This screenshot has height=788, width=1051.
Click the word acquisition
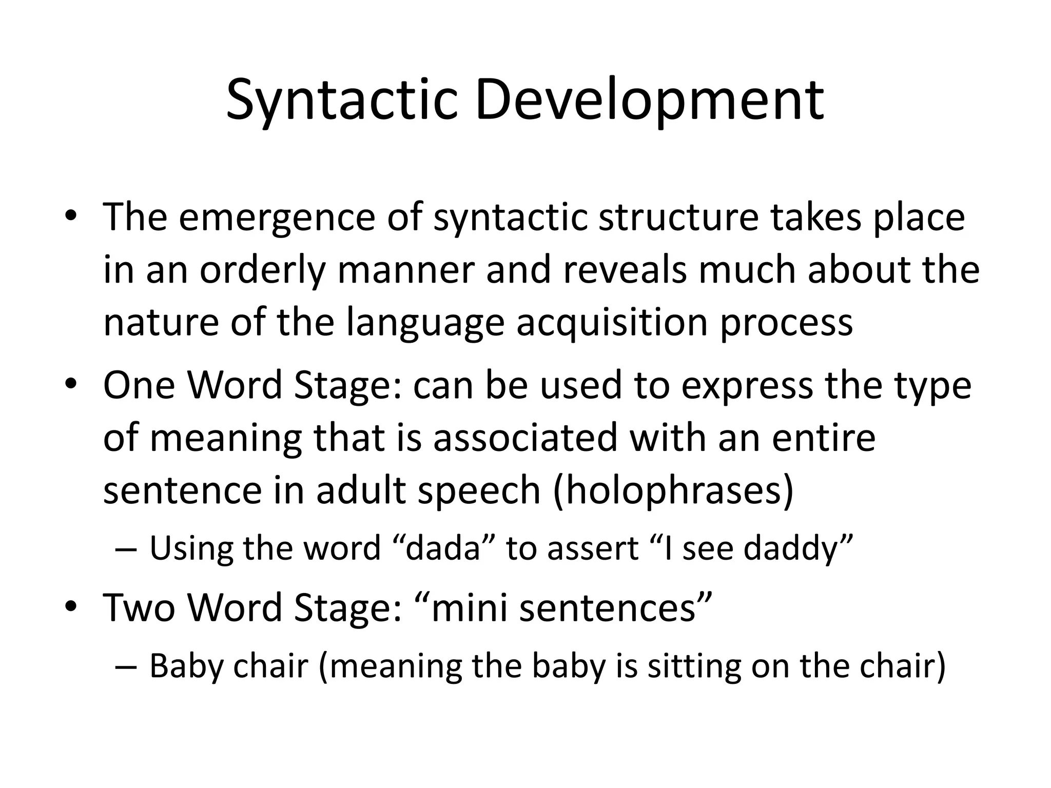click(x=613, y=323)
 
